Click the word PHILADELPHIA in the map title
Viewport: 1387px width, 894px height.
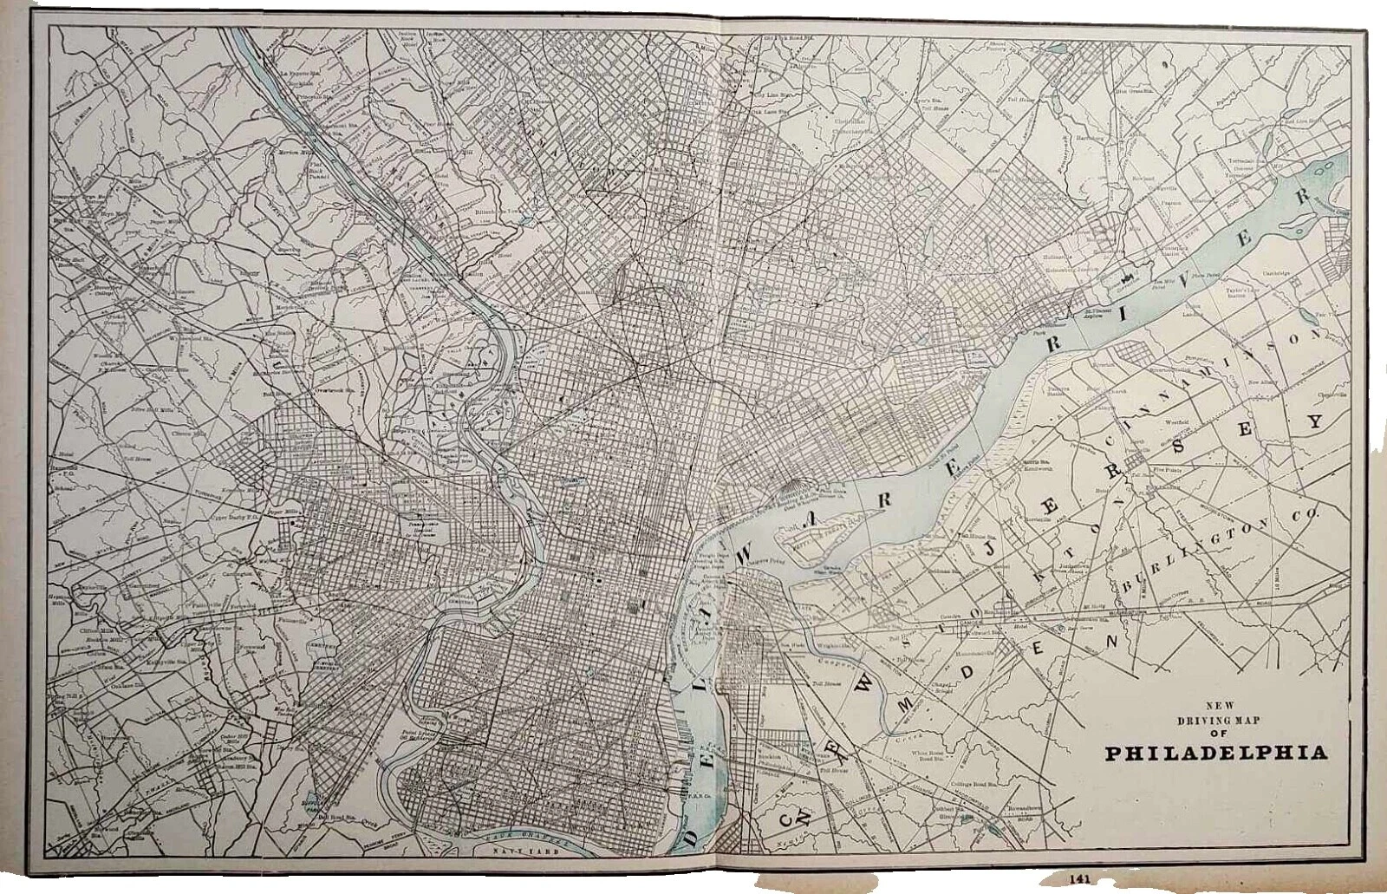[x=1215, y=752]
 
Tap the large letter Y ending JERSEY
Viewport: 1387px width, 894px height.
[x=1315, y=422]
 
